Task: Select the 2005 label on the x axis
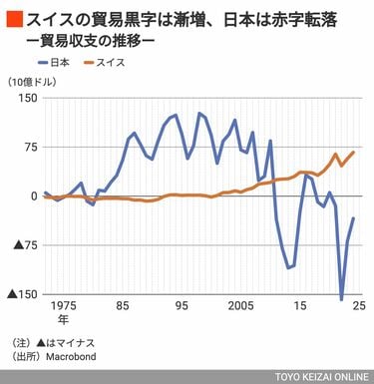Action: (240, 306)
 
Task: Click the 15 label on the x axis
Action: (298, 306)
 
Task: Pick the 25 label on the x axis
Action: (356, 306)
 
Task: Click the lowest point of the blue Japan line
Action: (341, 299)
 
